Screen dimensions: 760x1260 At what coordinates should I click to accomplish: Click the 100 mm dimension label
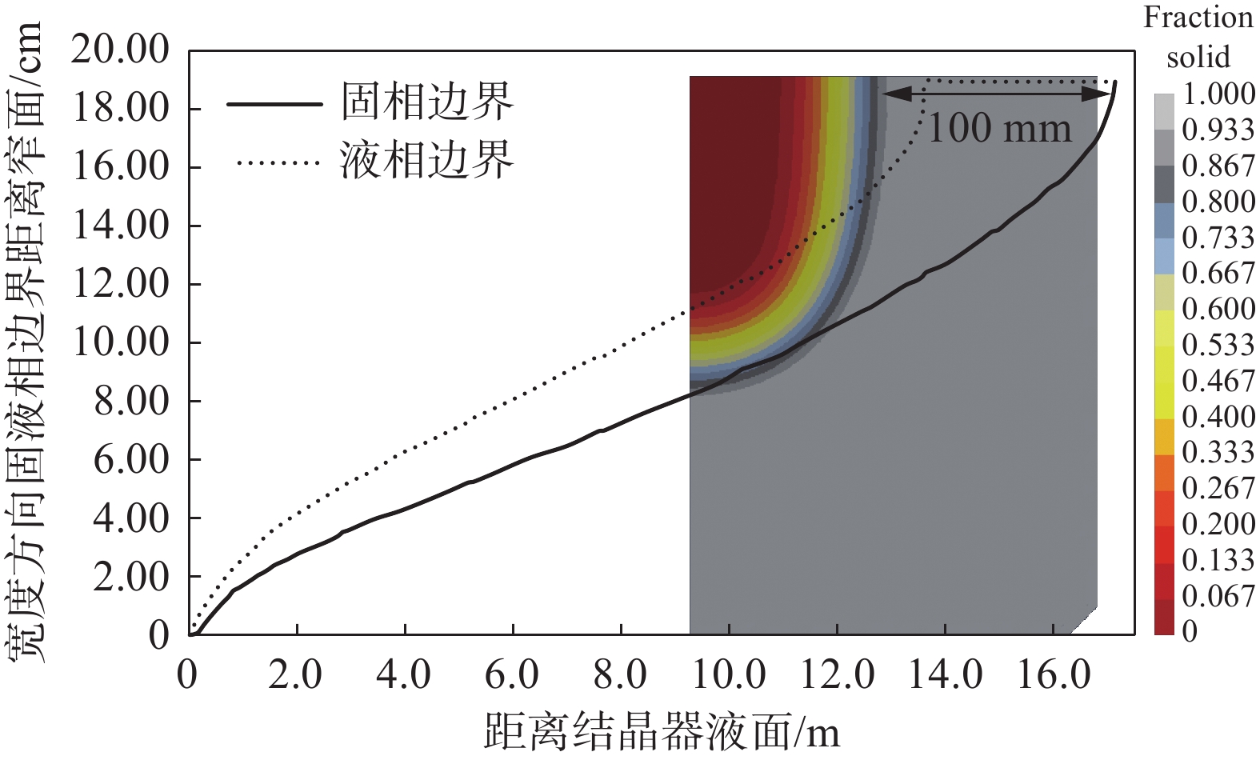(999, 129)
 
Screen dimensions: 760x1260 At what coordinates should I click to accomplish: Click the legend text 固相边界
(426, 102)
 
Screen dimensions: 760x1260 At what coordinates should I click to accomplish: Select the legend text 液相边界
(426, 161)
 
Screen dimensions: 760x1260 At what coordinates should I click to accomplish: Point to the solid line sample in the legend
(274, 104)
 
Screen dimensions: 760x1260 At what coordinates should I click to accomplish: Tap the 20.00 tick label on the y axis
(121, 50)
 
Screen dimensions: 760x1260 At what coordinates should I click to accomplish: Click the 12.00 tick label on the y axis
(121, 284)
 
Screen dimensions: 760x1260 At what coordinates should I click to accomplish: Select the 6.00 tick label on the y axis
(131, 459)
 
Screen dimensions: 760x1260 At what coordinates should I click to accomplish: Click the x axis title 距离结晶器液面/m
(662, 730)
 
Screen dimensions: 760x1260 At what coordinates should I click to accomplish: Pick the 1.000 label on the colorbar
(1218, 94)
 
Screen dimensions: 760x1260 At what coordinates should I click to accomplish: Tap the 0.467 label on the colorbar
(1218, 381)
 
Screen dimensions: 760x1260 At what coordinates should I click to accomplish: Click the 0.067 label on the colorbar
(1218, 596)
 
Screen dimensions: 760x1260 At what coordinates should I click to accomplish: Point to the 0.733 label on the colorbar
(1218, 238)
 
